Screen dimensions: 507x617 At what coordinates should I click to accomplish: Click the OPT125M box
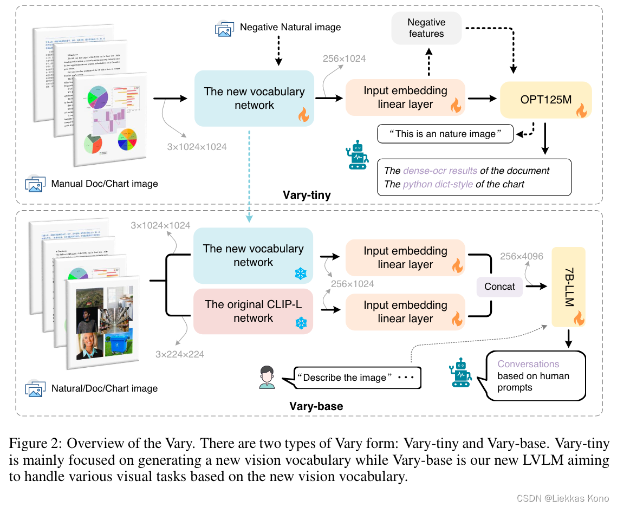click(x=545, y=100)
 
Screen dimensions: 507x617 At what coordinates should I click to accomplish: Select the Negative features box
click(x=426, y=28)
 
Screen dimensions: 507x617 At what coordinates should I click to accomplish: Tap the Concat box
click(x=499, y=286)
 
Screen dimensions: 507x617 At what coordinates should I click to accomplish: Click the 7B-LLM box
click(x=568, y=287)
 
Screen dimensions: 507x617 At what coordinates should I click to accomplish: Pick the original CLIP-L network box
click(x=254, y=311)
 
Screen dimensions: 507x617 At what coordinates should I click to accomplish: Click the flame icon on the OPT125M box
click(x=581, y=112)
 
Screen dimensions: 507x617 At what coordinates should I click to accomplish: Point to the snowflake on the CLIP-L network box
click(x=300, y=323)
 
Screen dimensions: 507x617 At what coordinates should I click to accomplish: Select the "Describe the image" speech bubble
click(x=357, y=378)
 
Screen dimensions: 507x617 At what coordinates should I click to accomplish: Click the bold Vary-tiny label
click(x=307, y=194)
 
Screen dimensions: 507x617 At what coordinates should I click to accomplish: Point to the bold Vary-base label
click(x=316, y=406)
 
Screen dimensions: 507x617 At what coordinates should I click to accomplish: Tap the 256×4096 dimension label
click(x=521, y=256)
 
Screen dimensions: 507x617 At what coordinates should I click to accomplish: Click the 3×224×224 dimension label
click(x=180, y=354)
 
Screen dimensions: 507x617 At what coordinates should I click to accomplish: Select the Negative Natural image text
click(x=290, y=27)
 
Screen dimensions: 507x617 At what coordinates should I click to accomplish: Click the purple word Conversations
click(x=528, y=364)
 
